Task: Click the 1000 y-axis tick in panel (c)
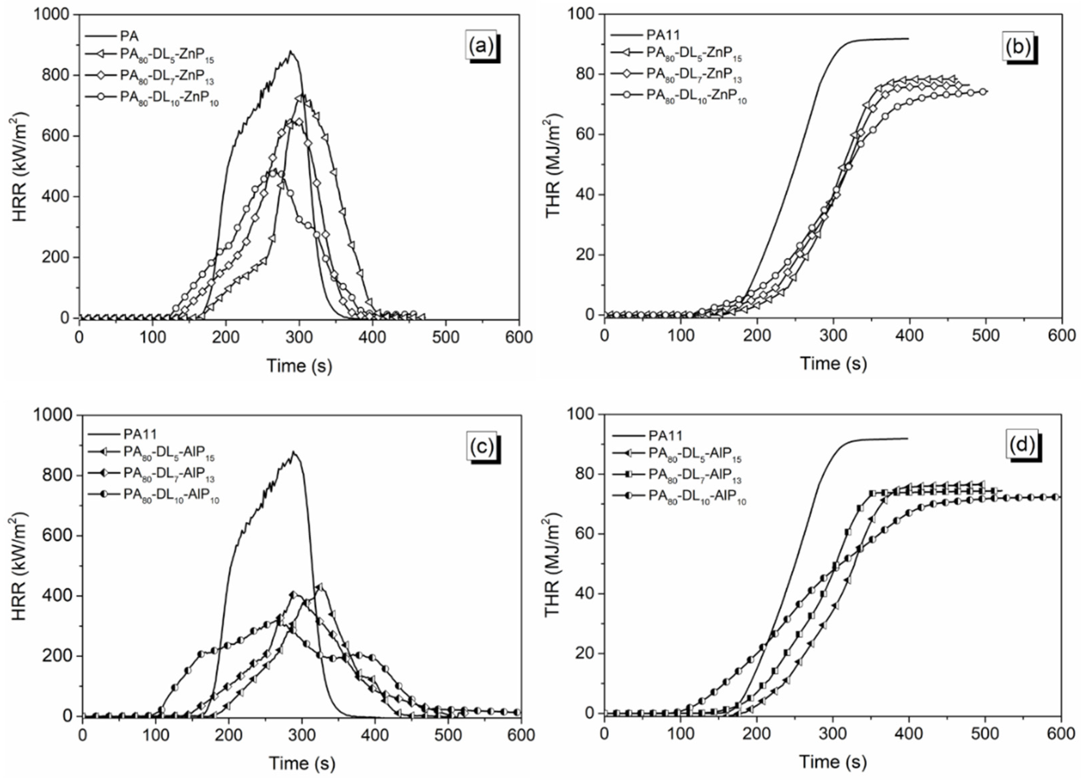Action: [52, 415]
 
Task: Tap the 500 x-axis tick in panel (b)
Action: [985, 336]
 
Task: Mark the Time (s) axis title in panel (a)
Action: [299, 366]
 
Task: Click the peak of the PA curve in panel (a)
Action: [290, 51]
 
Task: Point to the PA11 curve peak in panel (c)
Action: [294, 452]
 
